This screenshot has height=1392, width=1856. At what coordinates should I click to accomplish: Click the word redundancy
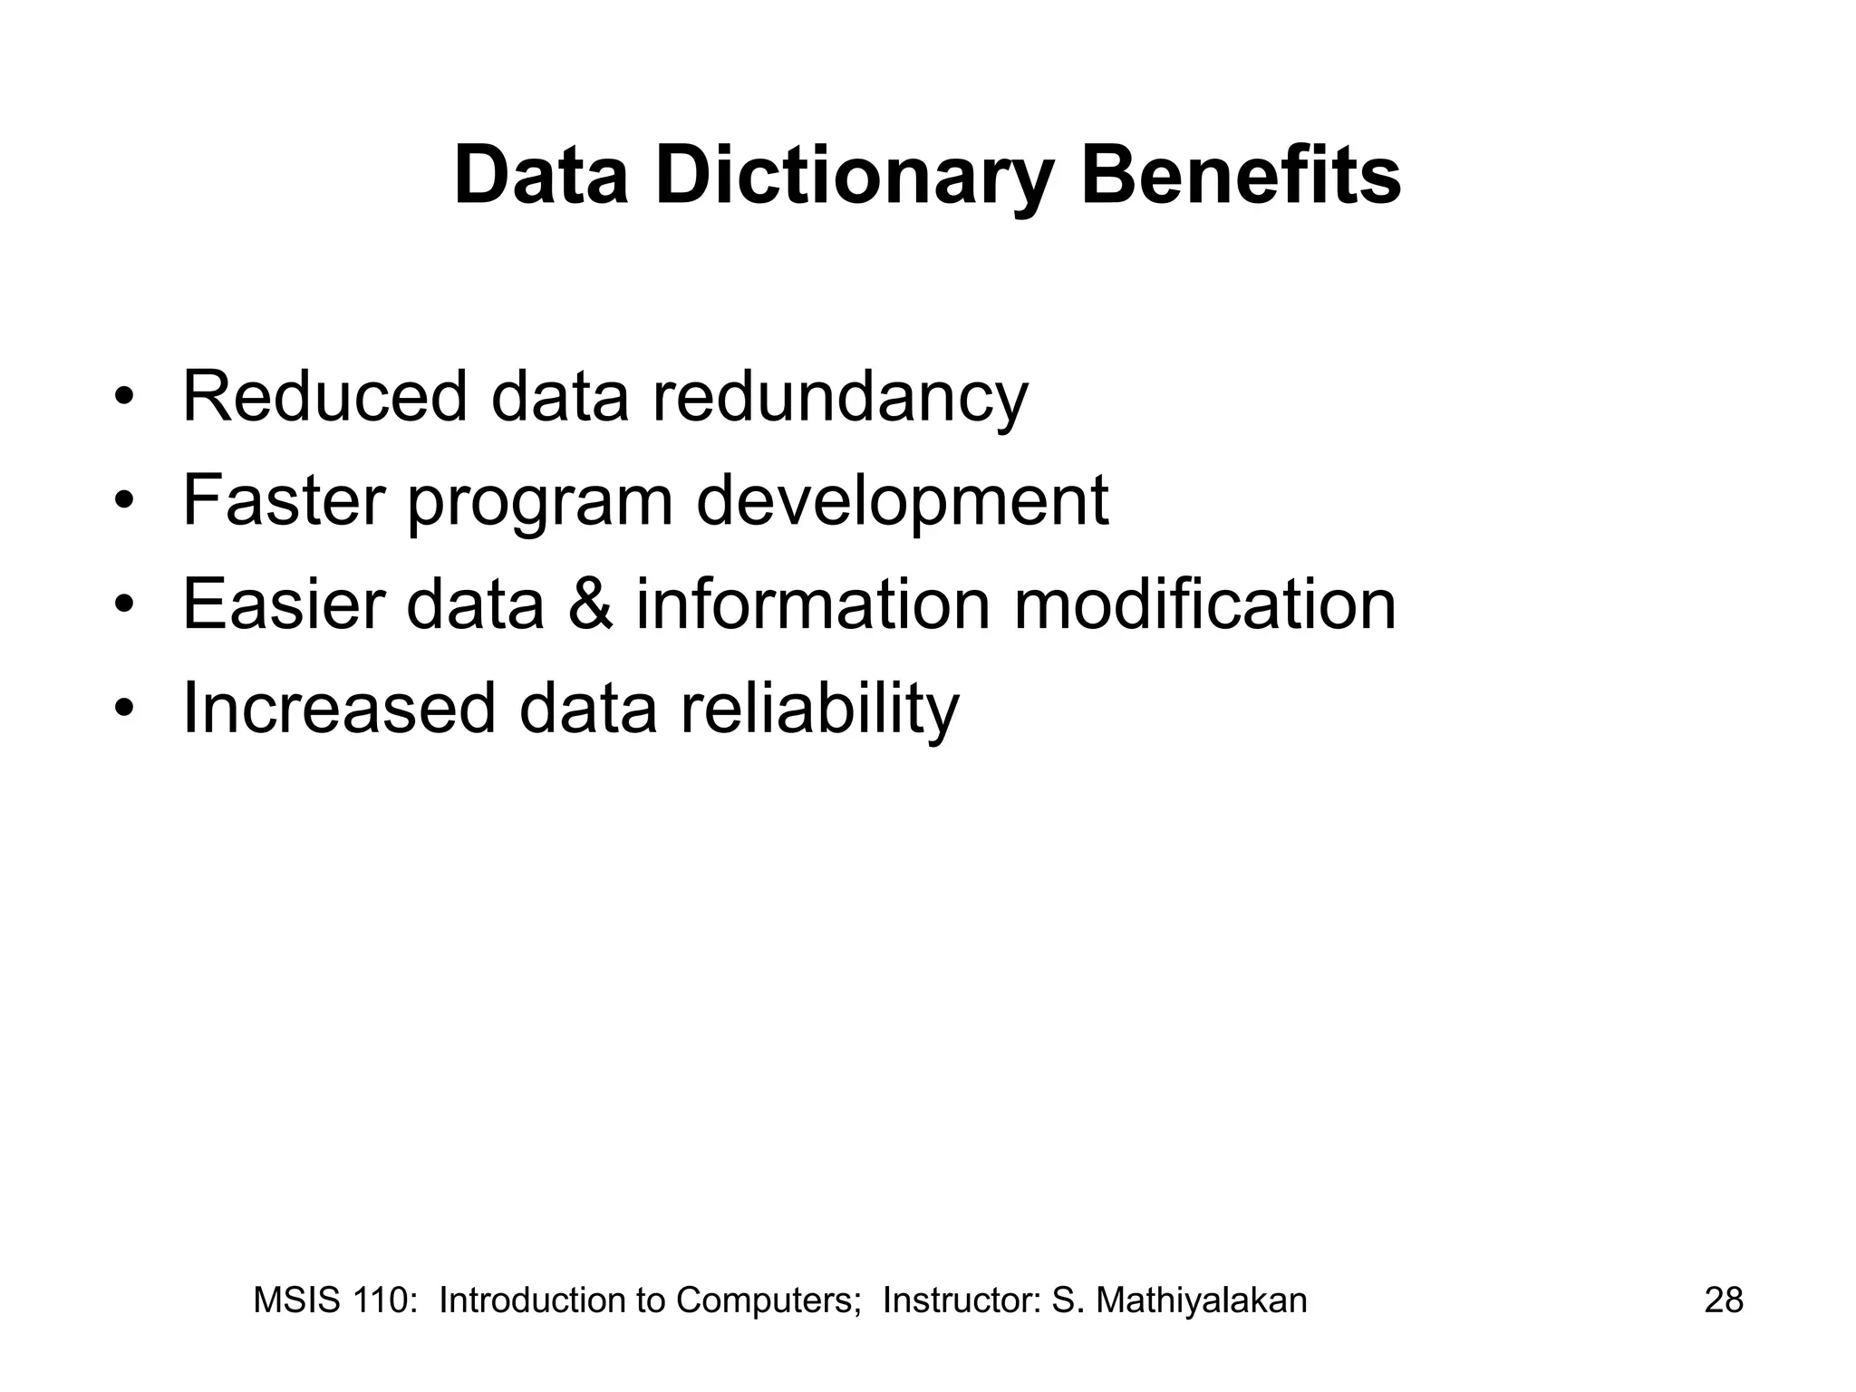pos(840,399)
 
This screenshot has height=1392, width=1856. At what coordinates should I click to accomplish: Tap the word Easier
pos(284,604)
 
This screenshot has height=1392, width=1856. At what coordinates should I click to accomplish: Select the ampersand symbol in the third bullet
pos(590,604)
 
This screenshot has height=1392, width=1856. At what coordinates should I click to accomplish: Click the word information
pos(813,604)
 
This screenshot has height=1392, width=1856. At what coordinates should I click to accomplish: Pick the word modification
pos(1204,604)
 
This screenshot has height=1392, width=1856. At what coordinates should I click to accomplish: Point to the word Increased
pos(339,708)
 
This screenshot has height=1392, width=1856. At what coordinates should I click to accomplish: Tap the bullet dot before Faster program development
pos(124,501)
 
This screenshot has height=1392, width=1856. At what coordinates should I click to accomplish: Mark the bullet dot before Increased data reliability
pos(124,709)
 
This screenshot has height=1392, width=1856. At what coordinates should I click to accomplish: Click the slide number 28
pos(1724,1300)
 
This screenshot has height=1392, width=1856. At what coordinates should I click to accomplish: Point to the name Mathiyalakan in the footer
pos(1202,1300)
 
